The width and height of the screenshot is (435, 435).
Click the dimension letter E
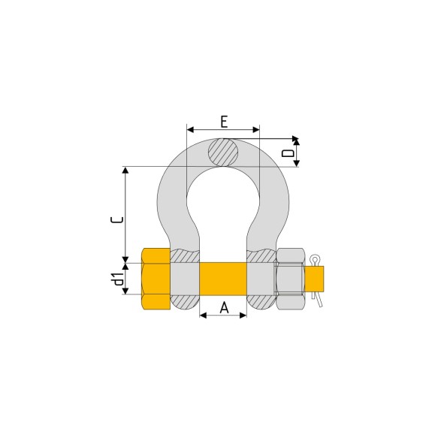(224, 122)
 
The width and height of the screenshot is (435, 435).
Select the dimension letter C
(117, 219)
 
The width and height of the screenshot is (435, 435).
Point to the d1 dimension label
(117, 279)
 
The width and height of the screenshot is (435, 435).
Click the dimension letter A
(224, 307)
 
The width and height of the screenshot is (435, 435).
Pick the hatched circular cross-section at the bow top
(223, 153)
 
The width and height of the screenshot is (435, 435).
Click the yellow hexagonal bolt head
(156, 279)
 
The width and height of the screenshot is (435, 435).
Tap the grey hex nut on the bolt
(290, 279)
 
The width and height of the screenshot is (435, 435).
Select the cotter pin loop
(315, 259)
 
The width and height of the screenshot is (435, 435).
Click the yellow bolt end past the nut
(314, 279)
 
